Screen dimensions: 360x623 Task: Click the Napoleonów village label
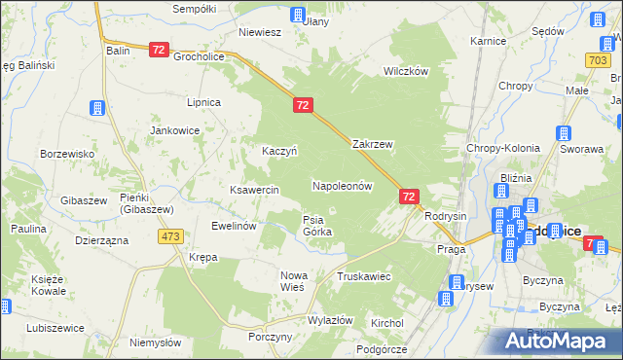click(343, 185)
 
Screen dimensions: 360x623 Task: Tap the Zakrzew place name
click(372, 144)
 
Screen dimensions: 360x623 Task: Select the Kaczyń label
click(279, 151)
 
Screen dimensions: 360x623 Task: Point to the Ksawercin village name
click(254, 189)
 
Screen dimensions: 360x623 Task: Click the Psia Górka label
click(318, 226)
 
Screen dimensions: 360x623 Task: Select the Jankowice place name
click(174, 129)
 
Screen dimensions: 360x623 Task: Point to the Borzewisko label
click(67, 154)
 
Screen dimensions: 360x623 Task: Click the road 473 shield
click(172, 237)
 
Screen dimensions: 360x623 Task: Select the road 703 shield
click(600, 59)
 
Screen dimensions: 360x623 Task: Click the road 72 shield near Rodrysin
click(409, 197)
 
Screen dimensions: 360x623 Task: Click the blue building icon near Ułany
click(297, 15)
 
